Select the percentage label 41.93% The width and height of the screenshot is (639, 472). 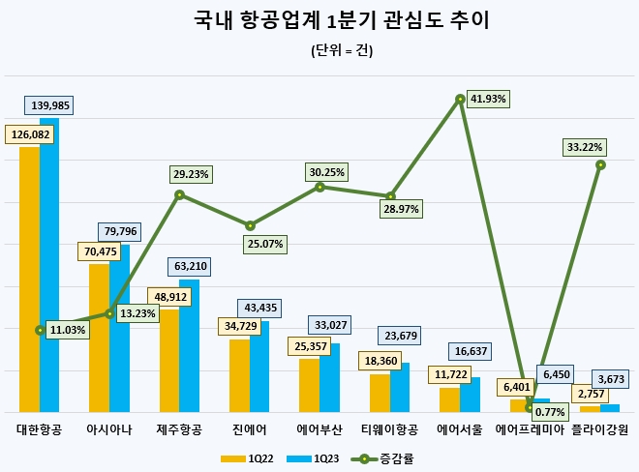pyautogui.click(x=487, y=100)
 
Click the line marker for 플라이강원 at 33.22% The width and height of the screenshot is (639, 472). pyautogui.click(x=600, y=164)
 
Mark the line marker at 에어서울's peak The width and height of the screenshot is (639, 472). pyautogui.click(x=460, y=99)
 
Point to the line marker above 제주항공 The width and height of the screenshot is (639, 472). pyautogui.click(x=179, y=195)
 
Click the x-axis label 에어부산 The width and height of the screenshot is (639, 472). pyautogui.click(x=319, y=428)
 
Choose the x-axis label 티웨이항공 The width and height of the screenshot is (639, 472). pyautogui.click(x=389, y=428)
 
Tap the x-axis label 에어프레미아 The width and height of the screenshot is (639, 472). pyautogui.click(x=530, y=428)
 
